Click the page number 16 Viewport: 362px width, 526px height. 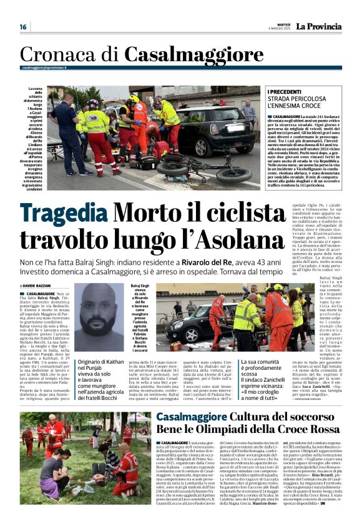coord(23,26)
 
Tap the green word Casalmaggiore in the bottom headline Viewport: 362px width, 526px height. coord(174,418)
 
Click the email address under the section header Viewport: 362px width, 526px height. coord(44,67)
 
